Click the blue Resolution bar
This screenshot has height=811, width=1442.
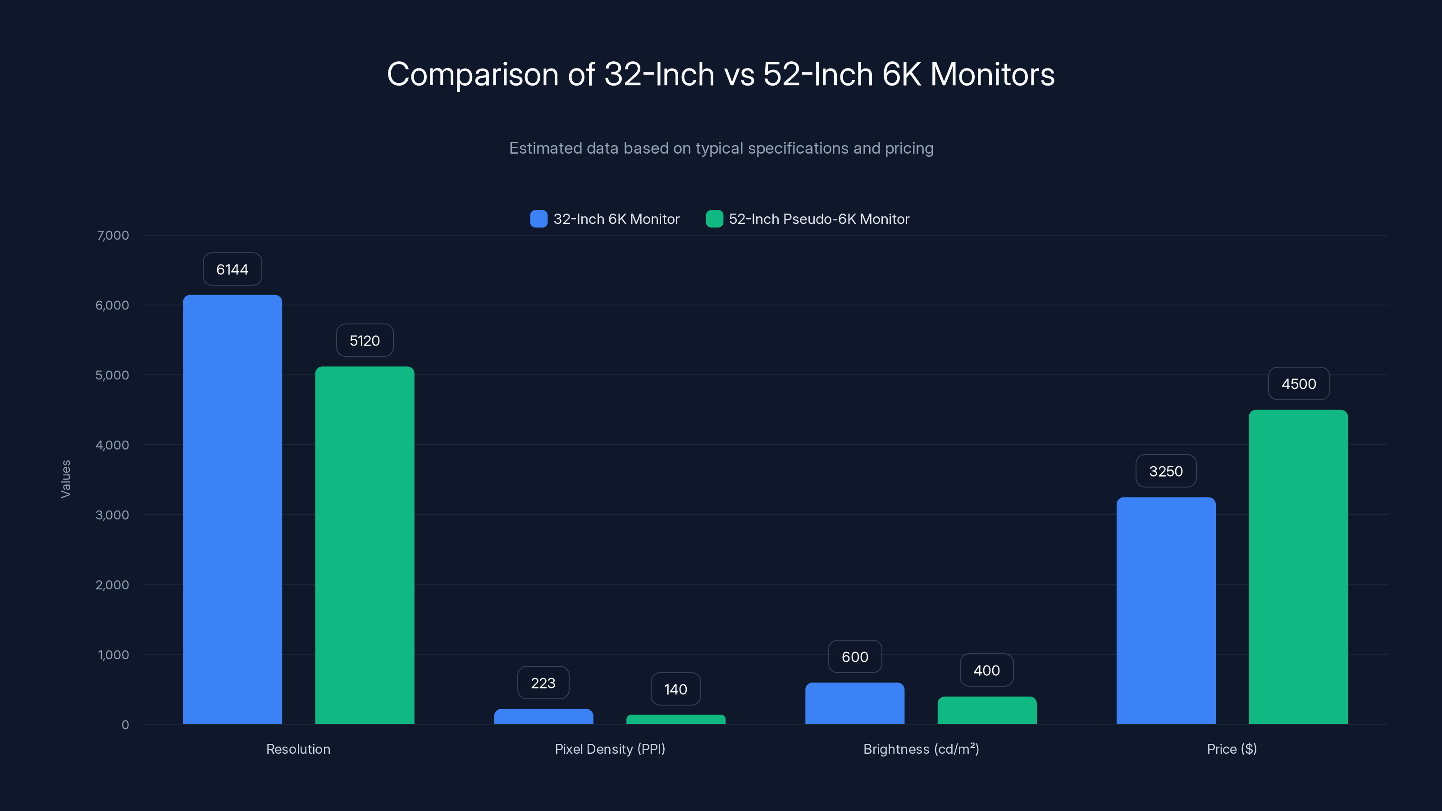point(233,509)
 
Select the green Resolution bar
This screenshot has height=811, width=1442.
point(365,545)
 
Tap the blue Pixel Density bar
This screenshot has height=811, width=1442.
point(543,716)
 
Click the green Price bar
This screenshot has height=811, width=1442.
point(1298,566)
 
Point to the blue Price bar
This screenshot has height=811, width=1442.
point(1166,610)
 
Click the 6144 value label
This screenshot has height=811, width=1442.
point(233,269)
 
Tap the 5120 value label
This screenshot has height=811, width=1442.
point(365,340)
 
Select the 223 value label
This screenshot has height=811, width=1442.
point(543,683)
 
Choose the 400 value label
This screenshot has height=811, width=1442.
point(986,670)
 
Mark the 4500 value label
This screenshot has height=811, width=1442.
point(1299,383)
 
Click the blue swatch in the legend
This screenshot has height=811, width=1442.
point(538,219)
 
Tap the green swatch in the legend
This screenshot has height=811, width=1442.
point(714,219)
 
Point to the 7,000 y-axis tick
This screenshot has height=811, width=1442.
point(113,235)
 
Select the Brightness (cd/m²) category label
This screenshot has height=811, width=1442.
point(921,749)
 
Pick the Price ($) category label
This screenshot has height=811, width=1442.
point(1232,749)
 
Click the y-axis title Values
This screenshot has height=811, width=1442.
point(65,479)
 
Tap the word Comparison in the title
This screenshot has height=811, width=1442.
point(472,74)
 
